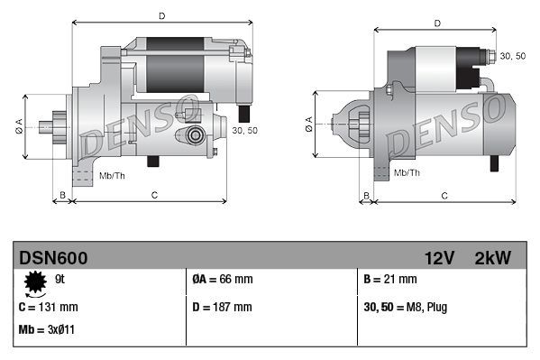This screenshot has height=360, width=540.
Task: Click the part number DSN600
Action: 53,258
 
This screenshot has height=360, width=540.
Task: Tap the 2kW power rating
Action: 492,258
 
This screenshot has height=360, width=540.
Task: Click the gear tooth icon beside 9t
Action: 35,283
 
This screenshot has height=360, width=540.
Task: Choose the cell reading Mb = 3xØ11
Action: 46,329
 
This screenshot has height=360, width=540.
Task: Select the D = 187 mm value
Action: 223,308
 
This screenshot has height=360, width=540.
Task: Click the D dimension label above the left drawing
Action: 161,15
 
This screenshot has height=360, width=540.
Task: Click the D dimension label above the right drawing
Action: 436,23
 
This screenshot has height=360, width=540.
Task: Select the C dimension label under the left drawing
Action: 155,194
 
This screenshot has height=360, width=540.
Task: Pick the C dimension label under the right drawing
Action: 444,194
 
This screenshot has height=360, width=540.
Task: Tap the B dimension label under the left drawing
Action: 62,194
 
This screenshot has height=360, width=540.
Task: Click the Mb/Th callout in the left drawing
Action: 112,174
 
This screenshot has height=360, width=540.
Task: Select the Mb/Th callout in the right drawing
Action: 407,171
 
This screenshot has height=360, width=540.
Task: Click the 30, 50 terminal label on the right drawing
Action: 512,56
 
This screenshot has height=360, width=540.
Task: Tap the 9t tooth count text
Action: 60,280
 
